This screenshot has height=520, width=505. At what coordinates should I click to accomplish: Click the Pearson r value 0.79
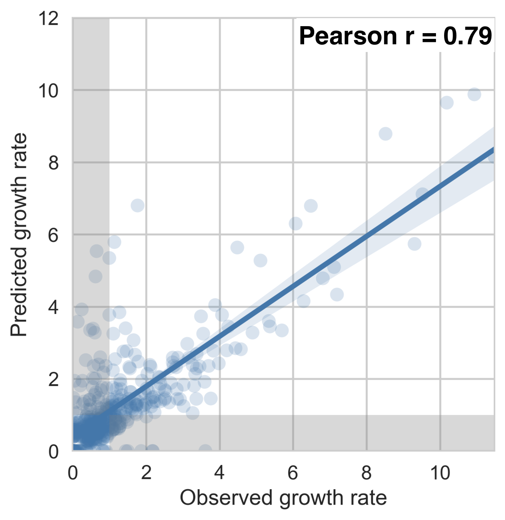[x=468, y=36]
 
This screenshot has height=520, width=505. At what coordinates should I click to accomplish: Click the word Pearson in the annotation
[x=348, y=36]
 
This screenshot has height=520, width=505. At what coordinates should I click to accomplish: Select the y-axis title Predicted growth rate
[x=19, y=235]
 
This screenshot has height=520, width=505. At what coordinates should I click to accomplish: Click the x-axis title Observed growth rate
[x=283, y=498]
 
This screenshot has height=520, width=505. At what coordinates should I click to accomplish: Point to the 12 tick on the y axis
[x=49, y=18]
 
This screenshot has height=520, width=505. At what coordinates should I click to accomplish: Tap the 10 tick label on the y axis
[x=49, y=91]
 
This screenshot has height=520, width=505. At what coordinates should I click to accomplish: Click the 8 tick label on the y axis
[x=54, y=163]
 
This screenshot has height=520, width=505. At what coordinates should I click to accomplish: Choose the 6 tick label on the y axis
[x=54, y=235]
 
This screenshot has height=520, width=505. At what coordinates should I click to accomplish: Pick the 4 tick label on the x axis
[x=219, y=473]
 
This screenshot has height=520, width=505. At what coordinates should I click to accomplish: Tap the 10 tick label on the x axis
[x=440, y=473]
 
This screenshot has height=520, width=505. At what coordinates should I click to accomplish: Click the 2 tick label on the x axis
[x=146, y=473]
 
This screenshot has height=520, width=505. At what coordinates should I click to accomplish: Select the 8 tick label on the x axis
[x=366, y=473]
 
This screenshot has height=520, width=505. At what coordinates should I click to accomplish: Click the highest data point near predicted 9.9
[x=474, y=94]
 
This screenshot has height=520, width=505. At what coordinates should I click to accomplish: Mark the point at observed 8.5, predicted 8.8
[x=385, y=134]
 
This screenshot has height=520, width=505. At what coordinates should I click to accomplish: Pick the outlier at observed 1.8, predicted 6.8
[x=138, y=206]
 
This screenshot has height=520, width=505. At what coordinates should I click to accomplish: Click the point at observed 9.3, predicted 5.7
[x=414, y=244]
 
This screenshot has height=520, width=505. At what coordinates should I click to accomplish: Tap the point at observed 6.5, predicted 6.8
[x=311, y=206]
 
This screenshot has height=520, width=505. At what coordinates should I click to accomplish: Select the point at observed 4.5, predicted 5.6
[x=237, y=248]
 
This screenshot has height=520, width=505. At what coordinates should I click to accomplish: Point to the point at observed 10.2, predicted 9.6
[x=446, y=103]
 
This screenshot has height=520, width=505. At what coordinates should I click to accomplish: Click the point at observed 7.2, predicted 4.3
[x=337, y=295]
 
